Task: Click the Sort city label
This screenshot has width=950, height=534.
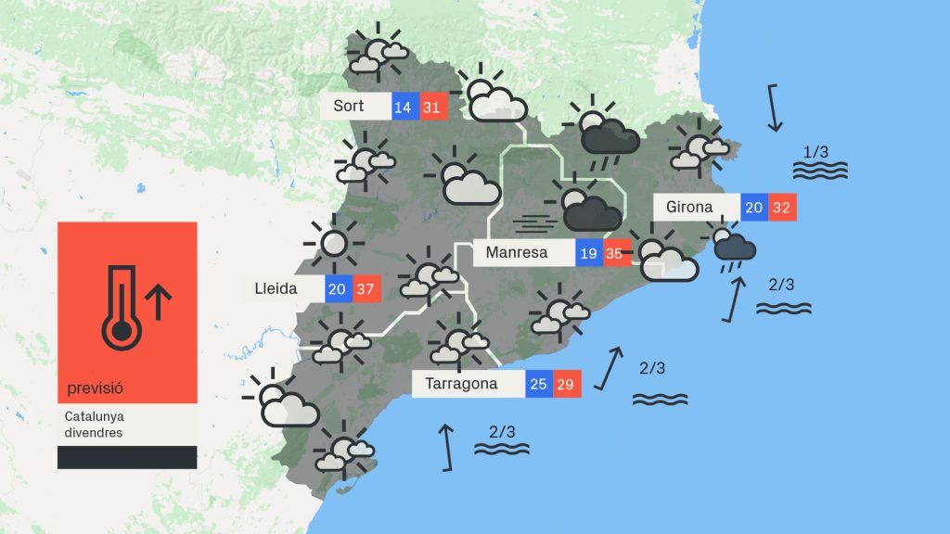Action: point(349,107)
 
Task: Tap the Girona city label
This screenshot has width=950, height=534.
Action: point(689,208)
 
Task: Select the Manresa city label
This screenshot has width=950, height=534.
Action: point(516,252)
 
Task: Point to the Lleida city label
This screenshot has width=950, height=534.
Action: point(276,289)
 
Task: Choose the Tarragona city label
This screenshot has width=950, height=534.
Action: point(461,384)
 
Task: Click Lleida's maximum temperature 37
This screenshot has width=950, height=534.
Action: point(365,289)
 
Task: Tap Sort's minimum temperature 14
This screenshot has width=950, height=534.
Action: point(403,108)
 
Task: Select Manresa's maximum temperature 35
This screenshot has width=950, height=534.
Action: point(614,252)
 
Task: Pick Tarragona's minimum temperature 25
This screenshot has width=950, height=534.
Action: point(538,384)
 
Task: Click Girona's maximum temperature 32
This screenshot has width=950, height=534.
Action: point(781,208)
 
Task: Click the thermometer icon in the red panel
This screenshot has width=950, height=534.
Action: point(118,307)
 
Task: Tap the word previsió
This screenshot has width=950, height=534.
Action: point(96,388)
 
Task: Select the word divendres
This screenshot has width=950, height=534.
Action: point(94,433)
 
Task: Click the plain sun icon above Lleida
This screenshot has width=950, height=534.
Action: point(332,244)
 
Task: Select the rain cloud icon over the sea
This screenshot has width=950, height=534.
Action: point(734,248)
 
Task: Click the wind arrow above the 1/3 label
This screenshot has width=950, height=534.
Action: point(776,108)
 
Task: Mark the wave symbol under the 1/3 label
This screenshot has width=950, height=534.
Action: point(820,171)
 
